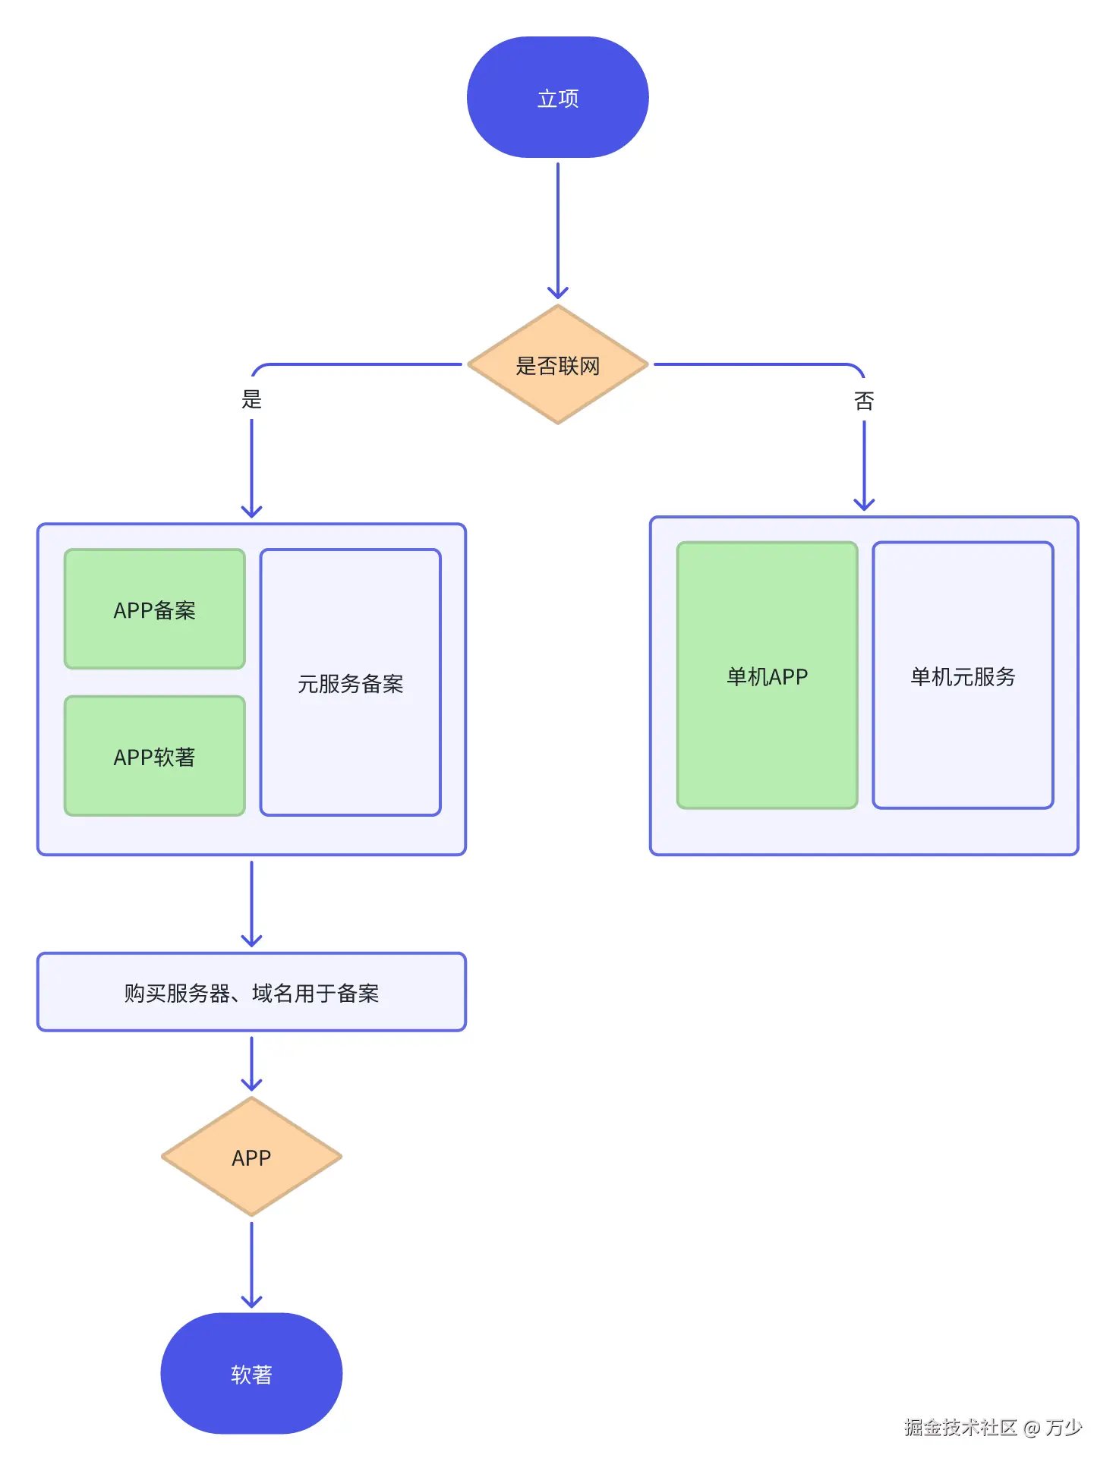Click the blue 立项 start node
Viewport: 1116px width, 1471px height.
click(557, 97)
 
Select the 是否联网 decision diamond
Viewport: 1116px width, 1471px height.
click(557, 365)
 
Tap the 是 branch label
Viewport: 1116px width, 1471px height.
click(251, 399)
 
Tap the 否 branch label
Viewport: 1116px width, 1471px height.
click(864, 401)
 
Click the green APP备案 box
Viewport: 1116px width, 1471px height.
click(155, 610)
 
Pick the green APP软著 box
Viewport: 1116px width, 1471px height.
click(155, 756)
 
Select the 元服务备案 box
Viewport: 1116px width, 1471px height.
click(350, 682)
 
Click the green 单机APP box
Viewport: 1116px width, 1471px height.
click(767, 676)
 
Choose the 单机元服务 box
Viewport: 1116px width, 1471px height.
click(963, 676)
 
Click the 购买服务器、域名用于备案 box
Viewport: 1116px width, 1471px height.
click(251, 992)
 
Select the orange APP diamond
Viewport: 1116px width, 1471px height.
click(251, 1157)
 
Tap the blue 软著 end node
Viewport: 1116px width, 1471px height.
click(251, 1374)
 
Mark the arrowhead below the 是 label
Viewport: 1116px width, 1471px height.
click(251, 512)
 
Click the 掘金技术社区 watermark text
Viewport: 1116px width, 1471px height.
click(960, 1428)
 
